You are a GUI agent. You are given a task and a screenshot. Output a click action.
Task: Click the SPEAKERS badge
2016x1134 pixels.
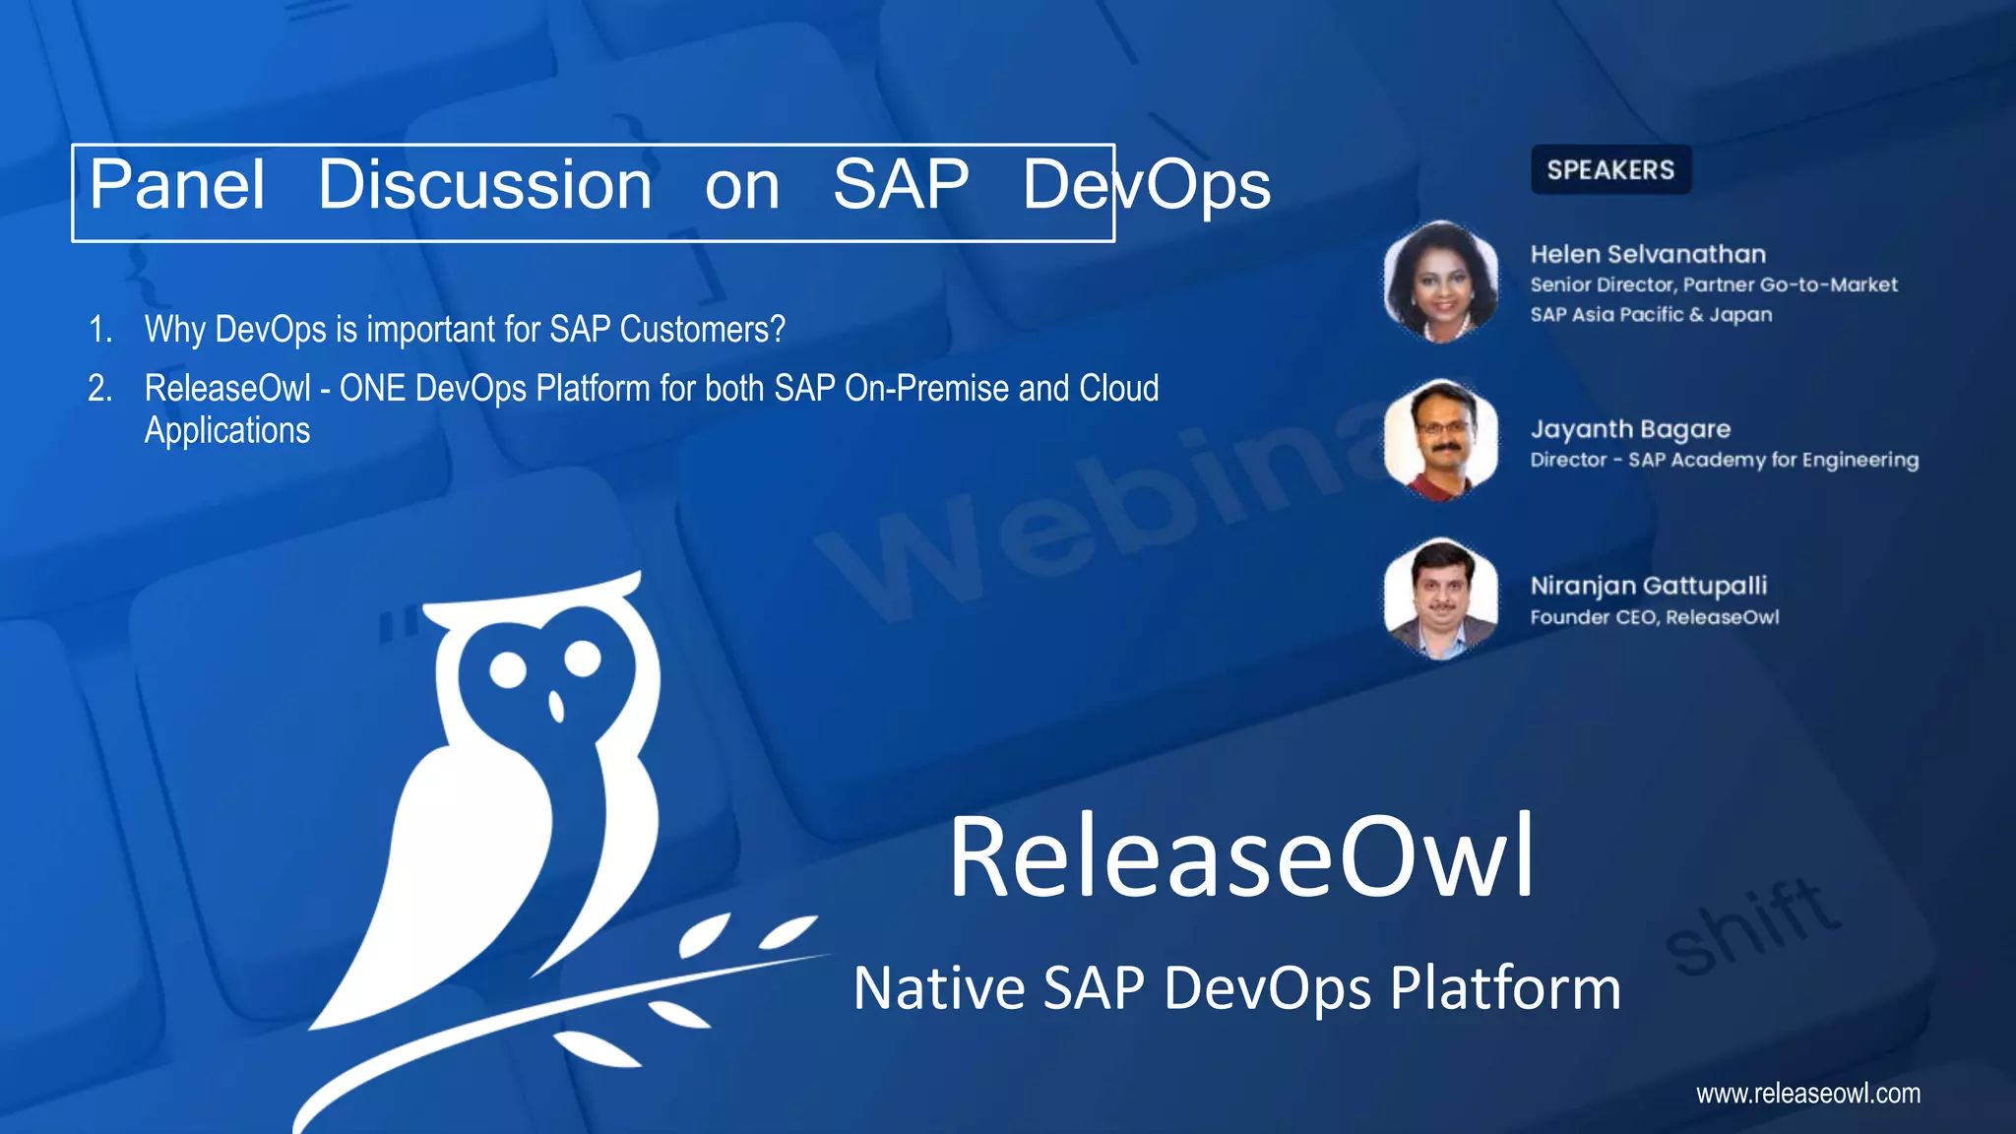pyautogui.click(x=1610, y=170)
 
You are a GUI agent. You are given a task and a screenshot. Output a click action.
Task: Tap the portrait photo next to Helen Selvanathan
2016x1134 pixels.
pyautogui.click(x=1440, y=282)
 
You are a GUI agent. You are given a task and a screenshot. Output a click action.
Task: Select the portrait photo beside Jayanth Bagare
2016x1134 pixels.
pyautogui.click(x=1440, y=439)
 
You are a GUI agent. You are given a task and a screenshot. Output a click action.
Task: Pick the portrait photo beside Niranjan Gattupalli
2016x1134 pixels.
pyautogui.click(x=1440, y=598)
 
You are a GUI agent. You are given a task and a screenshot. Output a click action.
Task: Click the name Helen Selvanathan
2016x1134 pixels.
pyautogui.click(x=1648, y=254)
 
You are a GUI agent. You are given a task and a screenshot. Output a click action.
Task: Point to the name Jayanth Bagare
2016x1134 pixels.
pyautogui.click(x=1630, y=429)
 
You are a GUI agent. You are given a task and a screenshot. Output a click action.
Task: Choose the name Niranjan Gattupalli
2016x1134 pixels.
pyautogui.click(x=1649, y=586)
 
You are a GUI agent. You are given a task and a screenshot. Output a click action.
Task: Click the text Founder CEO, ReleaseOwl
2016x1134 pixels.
pyautogui.click(x=1655, y=617)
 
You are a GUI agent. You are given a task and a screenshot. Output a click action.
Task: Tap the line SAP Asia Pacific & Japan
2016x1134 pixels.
pyautogui.click(x=1651, y=315)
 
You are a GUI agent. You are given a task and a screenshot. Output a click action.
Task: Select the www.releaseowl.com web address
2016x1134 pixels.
pyautogui.click(x=1807, y=1093)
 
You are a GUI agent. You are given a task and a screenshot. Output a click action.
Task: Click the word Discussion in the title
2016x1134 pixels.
pyautogui.click(x=484, y=185)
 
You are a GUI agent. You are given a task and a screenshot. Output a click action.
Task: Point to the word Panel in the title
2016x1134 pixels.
pyautogui.click(x=177, y=185)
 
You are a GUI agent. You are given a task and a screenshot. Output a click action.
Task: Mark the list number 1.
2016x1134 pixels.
pyautogui.click(x=99, y=330)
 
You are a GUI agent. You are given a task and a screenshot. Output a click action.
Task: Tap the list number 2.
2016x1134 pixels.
pyautogui.click(x=99, y=389)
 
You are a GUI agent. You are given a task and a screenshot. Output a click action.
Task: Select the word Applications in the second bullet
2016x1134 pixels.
pyautogui.click(x=227, y=430)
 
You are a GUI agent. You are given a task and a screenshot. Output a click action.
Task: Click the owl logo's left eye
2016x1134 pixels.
pyautogui.click(x=508, y=669)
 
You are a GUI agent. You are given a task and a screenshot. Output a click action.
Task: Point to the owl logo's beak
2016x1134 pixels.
pyautogui.click(x=556, y=706)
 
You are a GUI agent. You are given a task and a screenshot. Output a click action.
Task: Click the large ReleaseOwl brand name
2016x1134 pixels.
pyautogui.click(x=1240, y=856)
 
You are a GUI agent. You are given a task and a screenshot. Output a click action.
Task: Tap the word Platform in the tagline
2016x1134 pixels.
pyautogui.click(x=1505, y=988)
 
